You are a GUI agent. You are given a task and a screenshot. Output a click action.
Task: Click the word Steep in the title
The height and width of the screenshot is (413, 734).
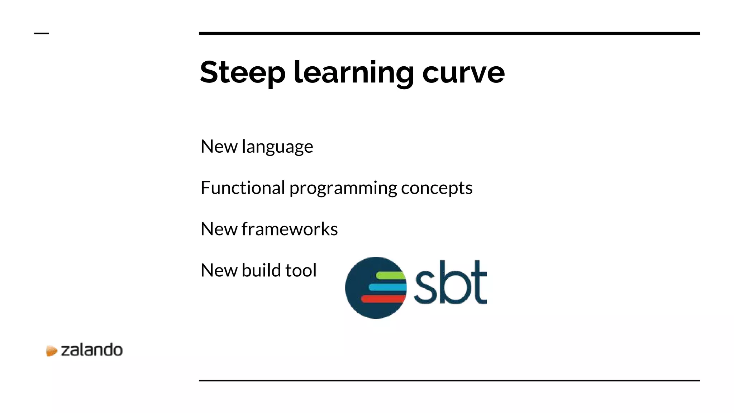pos(243,73)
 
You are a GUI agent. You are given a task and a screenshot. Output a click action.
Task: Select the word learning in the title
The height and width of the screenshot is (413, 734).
pos(354,73)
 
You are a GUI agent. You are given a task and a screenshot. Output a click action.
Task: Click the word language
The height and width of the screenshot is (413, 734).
pos(277,147)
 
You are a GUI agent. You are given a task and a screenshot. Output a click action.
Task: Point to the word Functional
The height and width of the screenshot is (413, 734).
pos(243,188)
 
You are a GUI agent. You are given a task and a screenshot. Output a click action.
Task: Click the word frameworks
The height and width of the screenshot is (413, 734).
pos(290,229)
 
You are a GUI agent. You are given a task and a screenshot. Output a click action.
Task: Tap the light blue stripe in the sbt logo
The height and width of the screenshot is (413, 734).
pos(387,287)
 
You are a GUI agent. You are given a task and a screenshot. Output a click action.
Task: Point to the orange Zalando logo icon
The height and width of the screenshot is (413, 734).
pos(51,351)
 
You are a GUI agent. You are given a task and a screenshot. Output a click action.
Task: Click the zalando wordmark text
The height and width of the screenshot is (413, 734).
pos(92,350)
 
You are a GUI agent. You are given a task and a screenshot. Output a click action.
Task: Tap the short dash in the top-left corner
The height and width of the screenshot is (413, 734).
pos(41,33)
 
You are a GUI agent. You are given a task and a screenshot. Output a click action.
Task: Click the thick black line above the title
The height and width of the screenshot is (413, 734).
pos(449,33)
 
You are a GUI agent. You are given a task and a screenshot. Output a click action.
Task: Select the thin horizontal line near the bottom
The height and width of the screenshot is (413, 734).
pos(449,380)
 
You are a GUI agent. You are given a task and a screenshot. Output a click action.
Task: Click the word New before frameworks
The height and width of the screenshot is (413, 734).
pos(219,229)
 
